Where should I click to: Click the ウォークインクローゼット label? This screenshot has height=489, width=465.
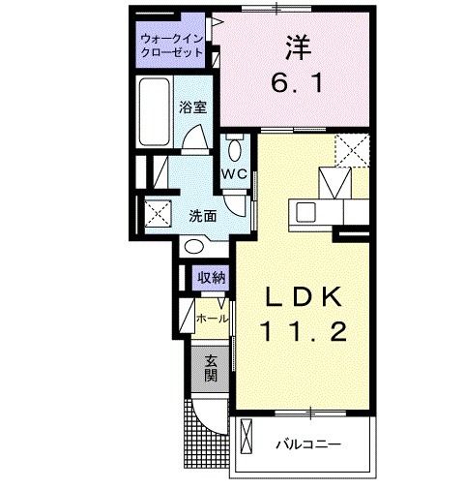point(172,46)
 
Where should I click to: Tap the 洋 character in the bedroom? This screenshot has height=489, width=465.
point(295,46)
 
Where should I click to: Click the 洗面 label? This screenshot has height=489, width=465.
point(201,215)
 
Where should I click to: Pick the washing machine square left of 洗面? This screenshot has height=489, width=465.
point(157,213)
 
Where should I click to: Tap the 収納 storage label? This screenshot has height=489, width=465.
point(212,277)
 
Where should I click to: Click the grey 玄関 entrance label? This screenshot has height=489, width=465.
point(210,368)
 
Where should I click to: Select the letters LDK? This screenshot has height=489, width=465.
point(300,294)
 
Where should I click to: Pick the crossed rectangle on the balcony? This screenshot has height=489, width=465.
point(246,441)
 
